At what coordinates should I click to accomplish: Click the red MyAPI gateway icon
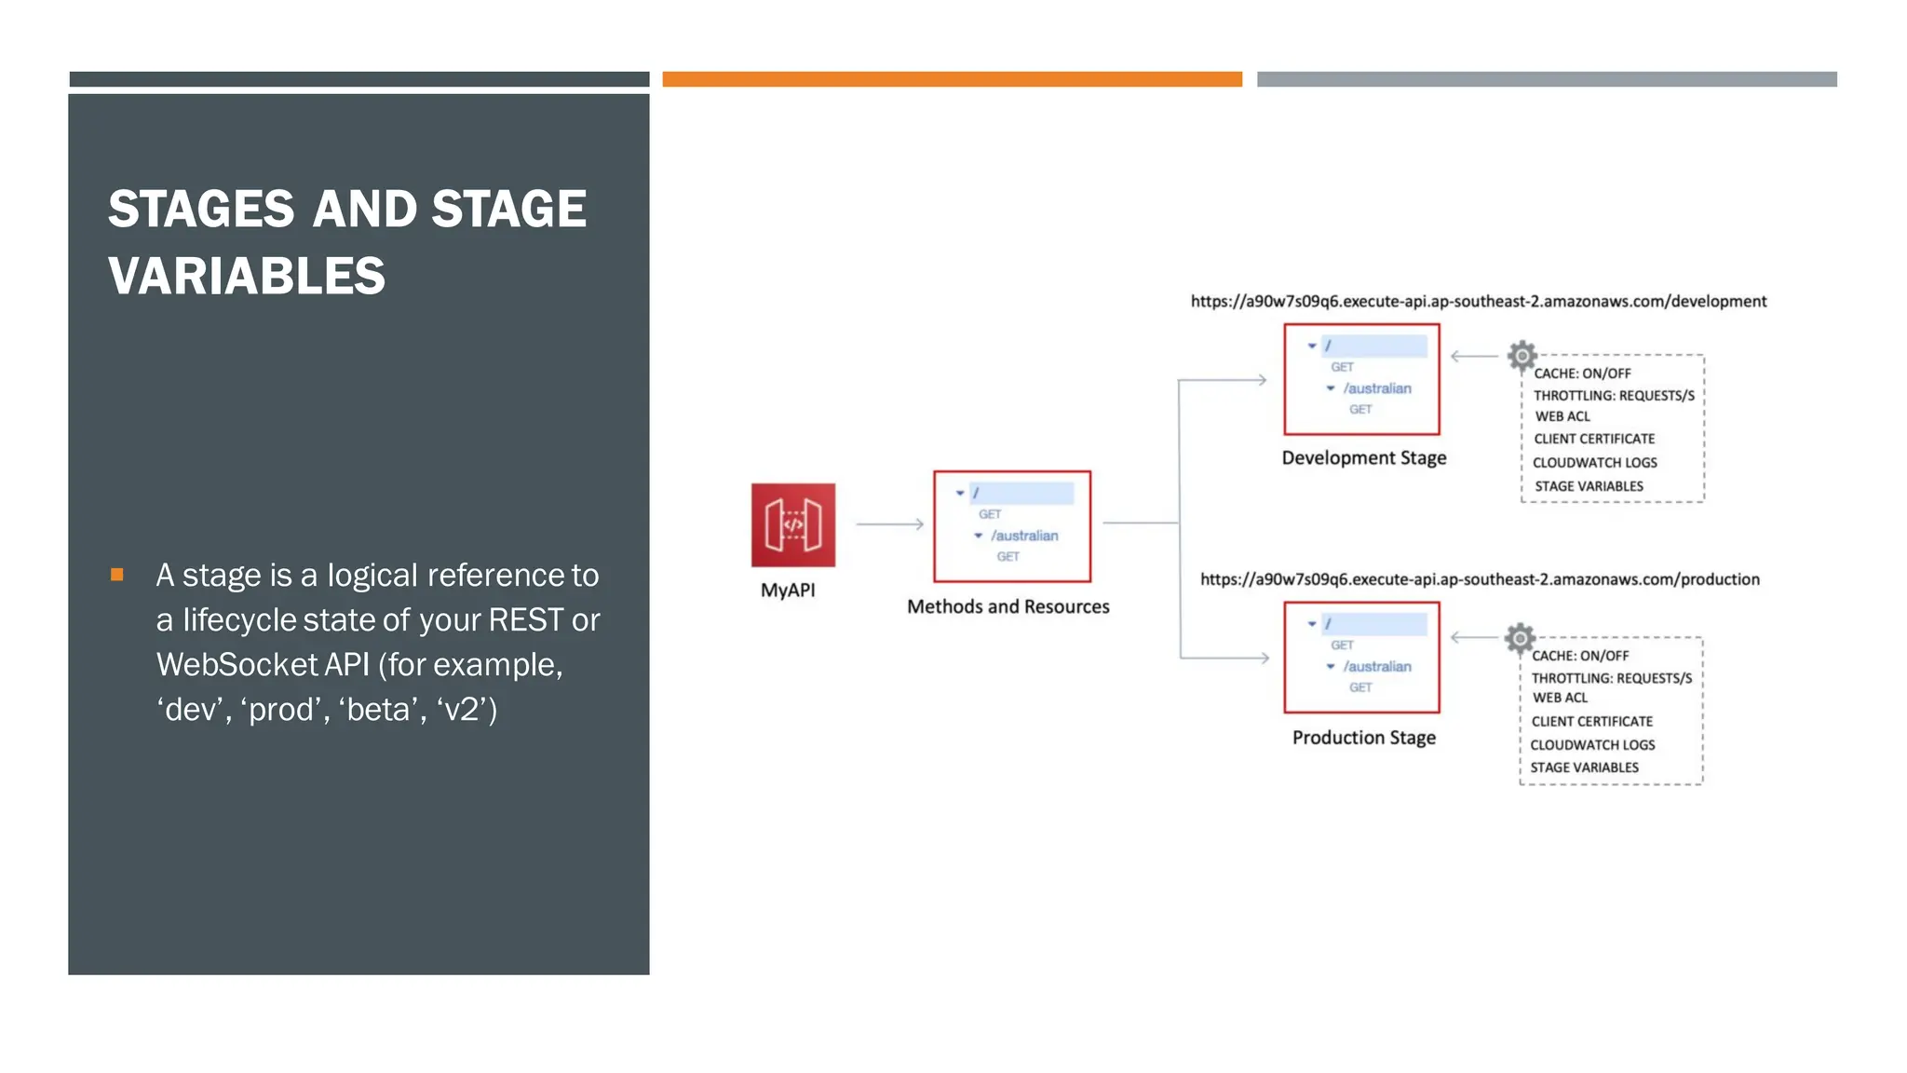click(x=792, y=524)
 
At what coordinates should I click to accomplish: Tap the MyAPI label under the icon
click(x=788, y=591)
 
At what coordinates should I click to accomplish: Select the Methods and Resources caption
click(x=1008, y=607)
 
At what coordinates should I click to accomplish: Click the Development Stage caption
click(x=1363, y=458)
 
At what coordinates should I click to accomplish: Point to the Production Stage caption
click(x=1363, y=738)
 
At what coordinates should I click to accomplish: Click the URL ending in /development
click(x=1478, y=302)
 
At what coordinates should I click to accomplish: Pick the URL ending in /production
click(x=1480, y=579)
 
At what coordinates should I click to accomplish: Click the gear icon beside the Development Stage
click(x=1522, y=355)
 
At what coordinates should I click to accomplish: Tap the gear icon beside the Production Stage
click(x=1520, y=638)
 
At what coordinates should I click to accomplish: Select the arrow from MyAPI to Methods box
click(x=889, y=524)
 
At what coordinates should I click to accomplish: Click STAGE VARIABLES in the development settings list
click(x=1589, y=486)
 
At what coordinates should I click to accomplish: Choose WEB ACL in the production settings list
click(x=1560, y=698)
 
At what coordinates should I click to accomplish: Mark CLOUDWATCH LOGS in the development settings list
click(x=1594, y=463)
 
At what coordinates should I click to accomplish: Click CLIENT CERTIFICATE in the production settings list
click(x=1591, y=722)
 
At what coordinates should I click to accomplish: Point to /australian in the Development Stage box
click(x=1376, y=388)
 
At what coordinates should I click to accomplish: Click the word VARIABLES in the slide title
click(x=247, y=277)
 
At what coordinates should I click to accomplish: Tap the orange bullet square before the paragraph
click(x=117, y=575)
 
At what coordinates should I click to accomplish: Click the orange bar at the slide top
click(x=952, y=79)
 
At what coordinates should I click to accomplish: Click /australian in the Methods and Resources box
click(x=1023, y=536)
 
